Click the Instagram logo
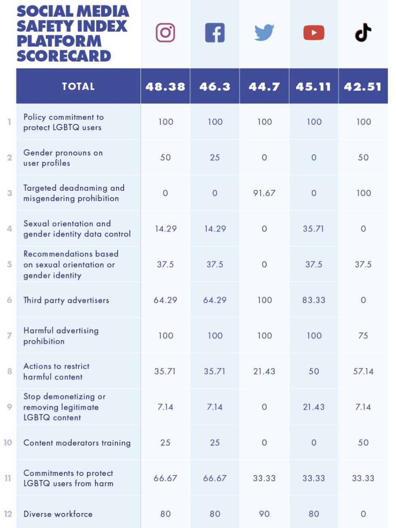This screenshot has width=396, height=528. [x=165, y=33]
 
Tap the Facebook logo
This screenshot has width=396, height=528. [x=215, y=33]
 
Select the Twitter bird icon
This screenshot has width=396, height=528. [x=264, y=33]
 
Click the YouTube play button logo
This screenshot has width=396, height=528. [x=314, y=33]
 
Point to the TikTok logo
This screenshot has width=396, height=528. [x=363, y=33]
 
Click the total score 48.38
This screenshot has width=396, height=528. [x=165, y=87]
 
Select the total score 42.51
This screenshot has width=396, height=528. [x=363, y=87]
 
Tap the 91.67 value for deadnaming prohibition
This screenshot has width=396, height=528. [x=264, y=193]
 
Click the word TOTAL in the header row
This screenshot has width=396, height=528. [x=78, y=87]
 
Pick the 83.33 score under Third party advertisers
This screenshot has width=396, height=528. [x=314, y=300]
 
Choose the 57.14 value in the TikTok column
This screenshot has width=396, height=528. [x=363, y=371]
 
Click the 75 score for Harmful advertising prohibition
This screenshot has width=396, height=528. [x=363, y=336]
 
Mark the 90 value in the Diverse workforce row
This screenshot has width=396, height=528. [x=264, y=514]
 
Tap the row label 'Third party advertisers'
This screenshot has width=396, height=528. [x=66, y=300]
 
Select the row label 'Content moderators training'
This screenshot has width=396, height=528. [x=77, y=443]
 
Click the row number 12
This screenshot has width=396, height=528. [x=8, y=514]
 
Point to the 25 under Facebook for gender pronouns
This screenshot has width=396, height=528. [x=215, y=158]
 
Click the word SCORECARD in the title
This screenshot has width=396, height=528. [x=64, y=56]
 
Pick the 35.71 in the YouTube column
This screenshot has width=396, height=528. [x=314, y=229]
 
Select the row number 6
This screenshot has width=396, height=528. [x=9, y=300]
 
